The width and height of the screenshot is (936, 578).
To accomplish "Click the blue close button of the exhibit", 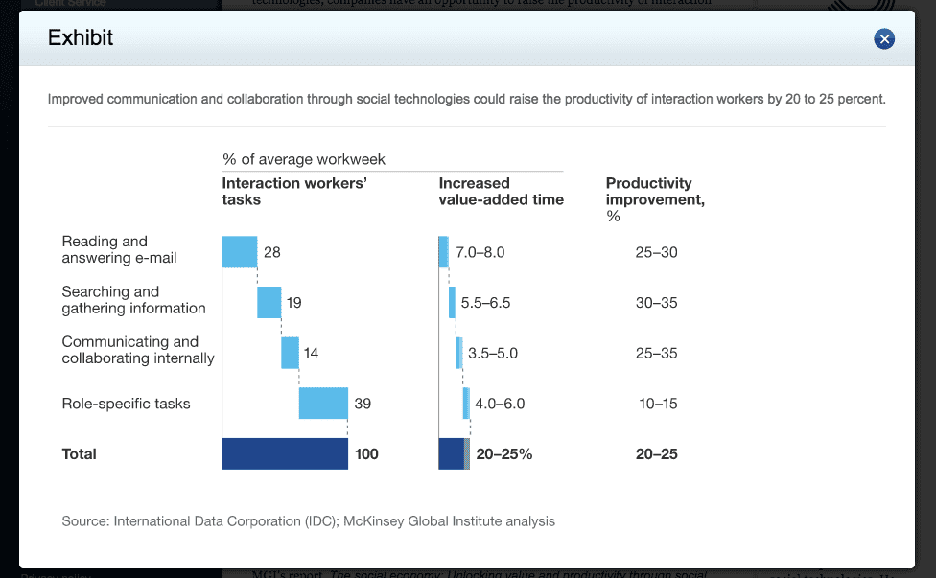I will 884,38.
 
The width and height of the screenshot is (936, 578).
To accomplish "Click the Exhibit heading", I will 81,38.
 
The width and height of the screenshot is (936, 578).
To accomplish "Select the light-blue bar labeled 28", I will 239,251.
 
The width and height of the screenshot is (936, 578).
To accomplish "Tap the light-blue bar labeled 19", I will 269,302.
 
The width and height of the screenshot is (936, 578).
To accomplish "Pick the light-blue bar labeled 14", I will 290,353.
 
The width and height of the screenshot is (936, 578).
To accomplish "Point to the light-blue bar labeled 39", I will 323,404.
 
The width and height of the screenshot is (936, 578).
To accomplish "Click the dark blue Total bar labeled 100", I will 285,453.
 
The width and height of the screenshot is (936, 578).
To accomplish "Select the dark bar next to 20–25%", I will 453,453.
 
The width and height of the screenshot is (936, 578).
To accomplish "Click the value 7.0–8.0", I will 480,252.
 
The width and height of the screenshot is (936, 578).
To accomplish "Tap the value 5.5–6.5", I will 485,303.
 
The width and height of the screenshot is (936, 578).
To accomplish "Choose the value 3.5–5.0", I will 493,353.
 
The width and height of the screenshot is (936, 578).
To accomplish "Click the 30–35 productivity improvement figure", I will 656,303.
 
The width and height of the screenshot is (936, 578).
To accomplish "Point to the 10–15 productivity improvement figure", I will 658,404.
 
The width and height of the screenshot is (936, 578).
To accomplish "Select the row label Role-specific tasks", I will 126,404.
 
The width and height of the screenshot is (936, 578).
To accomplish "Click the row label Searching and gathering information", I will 133,300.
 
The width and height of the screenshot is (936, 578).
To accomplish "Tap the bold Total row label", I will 80,454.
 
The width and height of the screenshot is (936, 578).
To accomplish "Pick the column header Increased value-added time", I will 501,191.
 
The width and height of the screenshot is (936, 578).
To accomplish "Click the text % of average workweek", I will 304,159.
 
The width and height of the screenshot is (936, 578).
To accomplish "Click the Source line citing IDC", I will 308,521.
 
